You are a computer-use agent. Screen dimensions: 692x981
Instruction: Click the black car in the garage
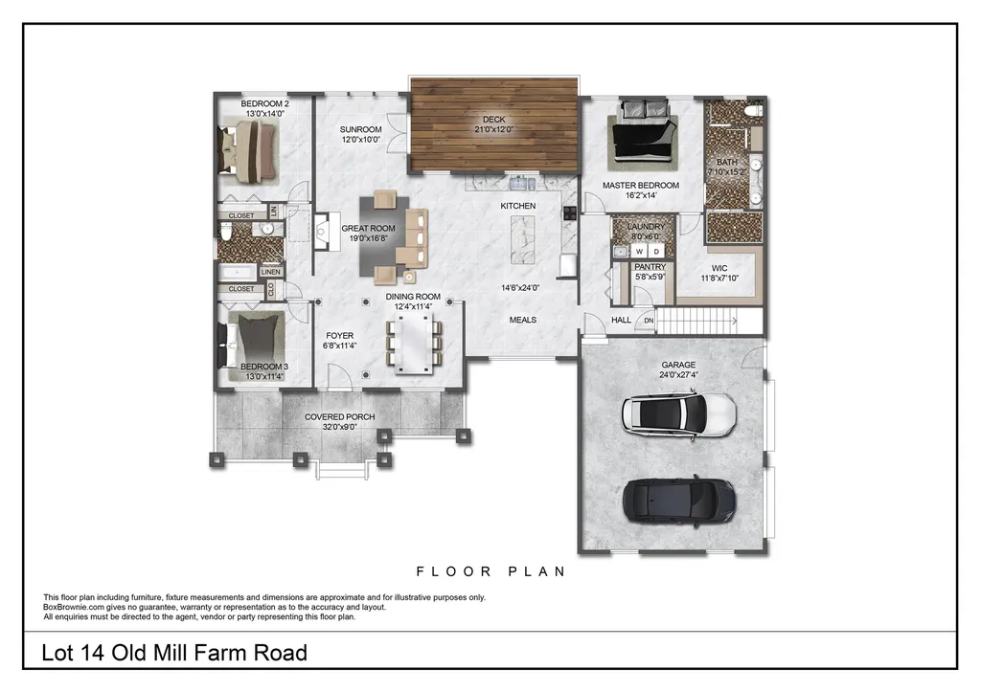679,499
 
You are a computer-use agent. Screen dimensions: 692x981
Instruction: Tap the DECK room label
493,120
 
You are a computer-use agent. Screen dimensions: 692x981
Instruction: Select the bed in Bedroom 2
251,151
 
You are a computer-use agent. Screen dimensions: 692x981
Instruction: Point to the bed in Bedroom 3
255,339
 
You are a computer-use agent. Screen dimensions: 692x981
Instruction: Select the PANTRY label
650,268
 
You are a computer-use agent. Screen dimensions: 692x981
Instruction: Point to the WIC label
719,269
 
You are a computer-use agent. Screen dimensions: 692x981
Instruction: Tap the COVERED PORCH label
339,417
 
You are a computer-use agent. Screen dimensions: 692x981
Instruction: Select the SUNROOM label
361,129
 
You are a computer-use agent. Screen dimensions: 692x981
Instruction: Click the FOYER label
339,336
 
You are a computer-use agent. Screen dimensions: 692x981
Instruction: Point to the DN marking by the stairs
649,321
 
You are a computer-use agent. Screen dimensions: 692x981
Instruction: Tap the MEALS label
522,320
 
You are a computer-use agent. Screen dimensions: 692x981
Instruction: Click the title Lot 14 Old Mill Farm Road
175,654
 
